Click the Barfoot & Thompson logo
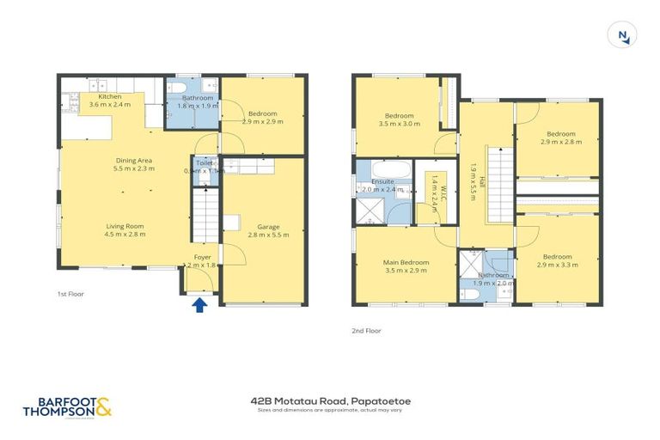pyautogui.click(x=68, y=406)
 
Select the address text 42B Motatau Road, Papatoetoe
pyautogui.click(x=330, y=400)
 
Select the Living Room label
pyautogui.click(x=125, y=229)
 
